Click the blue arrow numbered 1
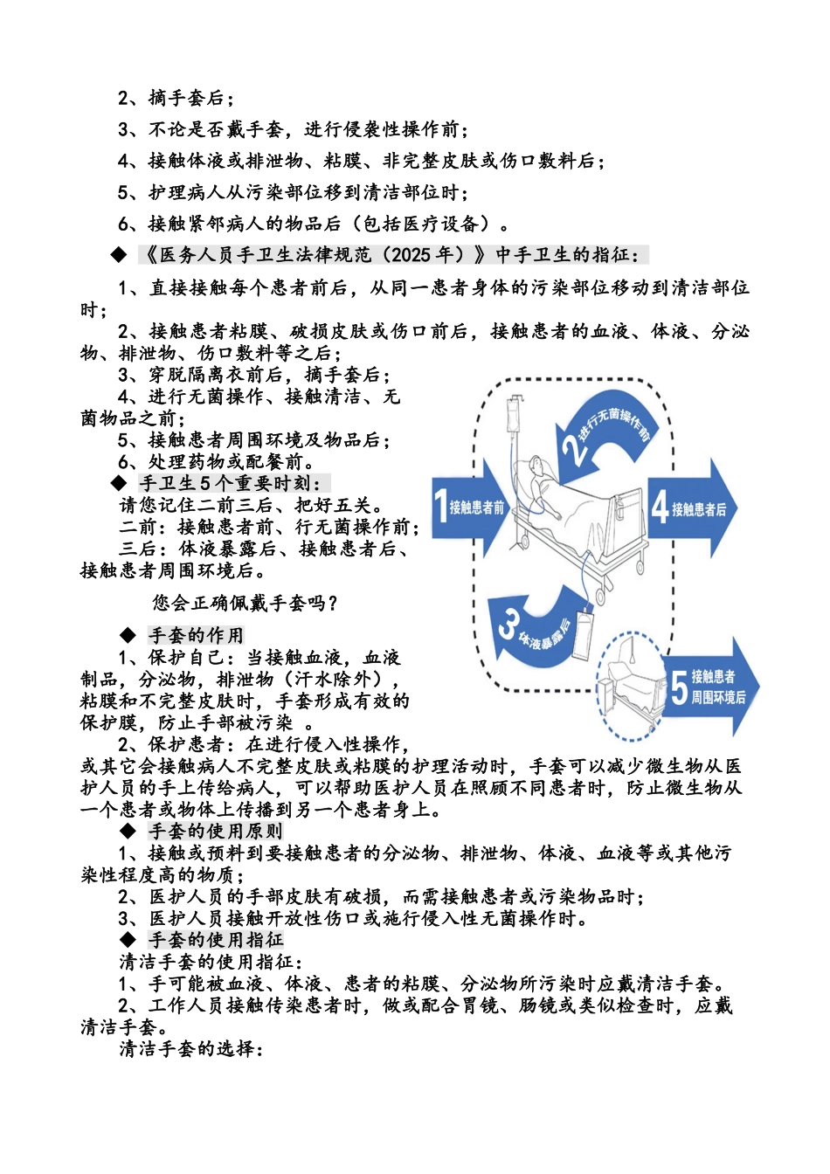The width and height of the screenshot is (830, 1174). click(x=468, y=507)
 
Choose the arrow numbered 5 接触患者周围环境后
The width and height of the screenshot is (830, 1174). click(x=713, y=687)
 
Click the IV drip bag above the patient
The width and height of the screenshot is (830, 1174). click(x=516, y=411)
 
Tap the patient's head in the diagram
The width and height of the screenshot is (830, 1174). click(x=541, y=469)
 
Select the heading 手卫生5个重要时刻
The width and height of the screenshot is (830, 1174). click(x=235, y=483)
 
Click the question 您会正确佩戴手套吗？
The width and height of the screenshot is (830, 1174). click(x=246, y=603)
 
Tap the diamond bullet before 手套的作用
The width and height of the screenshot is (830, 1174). click(x=128, y=635)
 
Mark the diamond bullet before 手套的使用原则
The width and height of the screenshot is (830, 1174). click(x=128, y=831)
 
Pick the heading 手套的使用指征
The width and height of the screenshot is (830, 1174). click(x=216, y=940)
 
